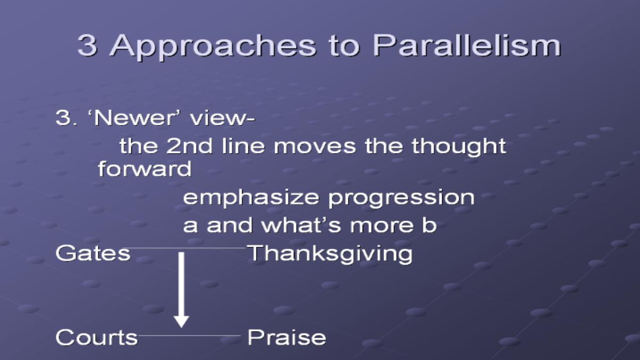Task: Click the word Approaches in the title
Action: click(x=213, y=46)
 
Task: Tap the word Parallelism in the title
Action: click(x=467, y=45)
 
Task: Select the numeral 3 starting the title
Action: click(x=87, y=45)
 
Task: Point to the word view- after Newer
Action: click(x=222, y=117)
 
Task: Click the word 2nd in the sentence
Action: click(x=189, y=146)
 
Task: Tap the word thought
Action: click(x=459, y=147)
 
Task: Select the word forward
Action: click(x=145, y=169)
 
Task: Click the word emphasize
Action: click(x=251, y=198)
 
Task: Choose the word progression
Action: click(x=401, y=198)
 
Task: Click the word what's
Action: click(x=301, y=225)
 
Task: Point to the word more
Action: click(x=381, y=226)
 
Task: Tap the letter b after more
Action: click(x=429, y=225)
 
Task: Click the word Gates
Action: click(x=93, y=253)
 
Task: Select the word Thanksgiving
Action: click(x=330, y=254)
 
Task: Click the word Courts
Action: click(x=97, y=337)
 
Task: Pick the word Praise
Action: click(x=287, y=337)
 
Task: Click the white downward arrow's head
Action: click(x=181, y=322)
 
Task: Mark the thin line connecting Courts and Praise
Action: click(x=189, y=335)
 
